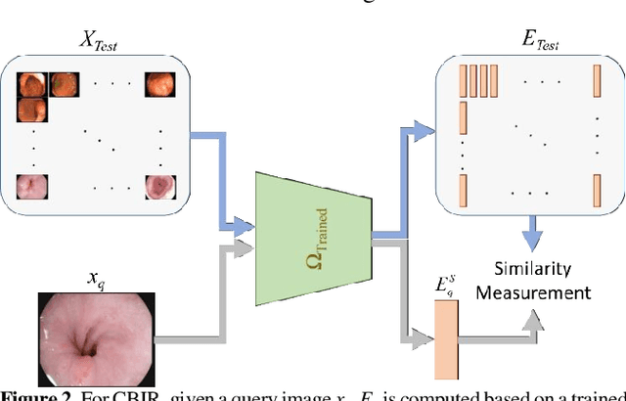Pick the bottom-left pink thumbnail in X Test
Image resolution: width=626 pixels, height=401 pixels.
tap(31, 187)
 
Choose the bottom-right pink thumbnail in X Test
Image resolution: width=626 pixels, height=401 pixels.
tap(159, 187)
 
